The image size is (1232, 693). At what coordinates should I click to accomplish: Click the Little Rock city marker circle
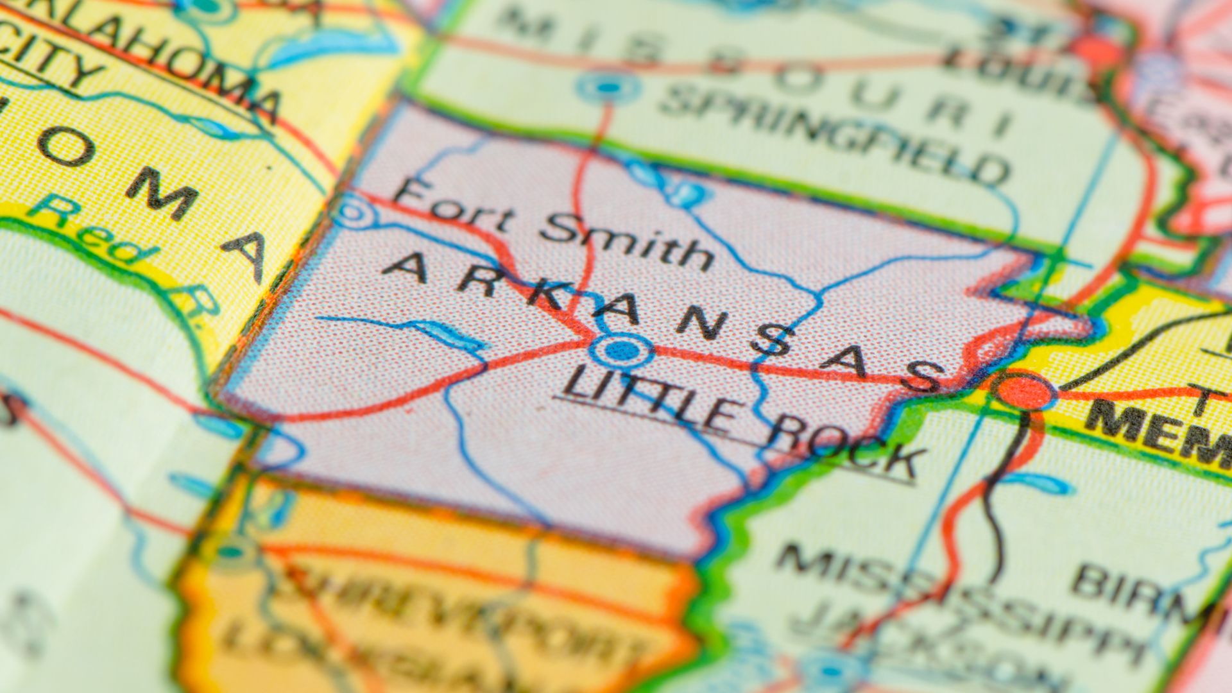pos(621,350)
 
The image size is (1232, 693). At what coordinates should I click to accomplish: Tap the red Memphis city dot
pos(1024,390)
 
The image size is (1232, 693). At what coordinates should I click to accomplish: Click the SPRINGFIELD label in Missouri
pos(834,132)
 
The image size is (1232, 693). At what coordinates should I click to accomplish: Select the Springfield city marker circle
pos(608,86)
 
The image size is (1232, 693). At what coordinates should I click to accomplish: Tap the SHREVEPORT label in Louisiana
pos(462,603)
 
